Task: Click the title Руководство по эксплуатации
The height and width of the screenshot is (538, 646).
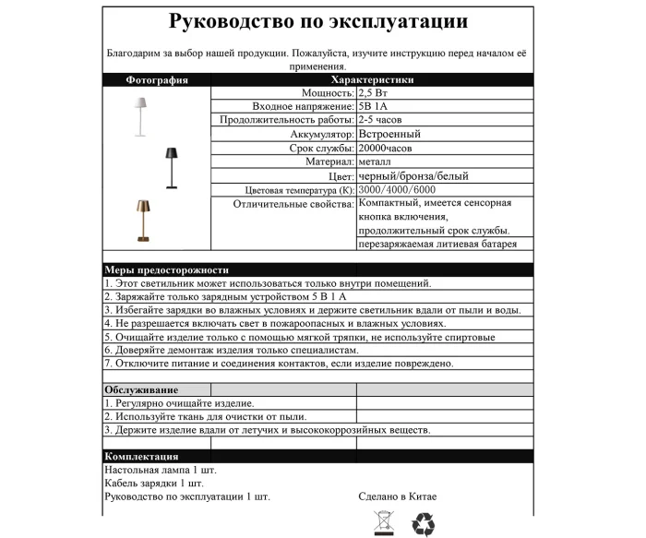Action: [318, 21]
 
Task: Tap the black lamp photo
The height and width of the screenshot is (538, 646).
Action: [170, 167]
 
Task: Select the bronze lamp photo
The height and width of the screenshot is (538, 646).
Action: [141, 221]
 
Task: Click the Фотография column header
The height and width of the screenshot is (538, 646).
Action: [157, 80]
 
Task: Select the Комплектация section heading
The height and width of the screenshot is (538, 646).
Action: [141, 457]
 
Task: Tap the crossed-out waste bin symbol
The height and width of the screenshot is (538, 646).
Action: [382, 524]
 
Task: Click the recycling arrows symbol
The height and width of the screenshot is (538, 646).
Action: [422, 524]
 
